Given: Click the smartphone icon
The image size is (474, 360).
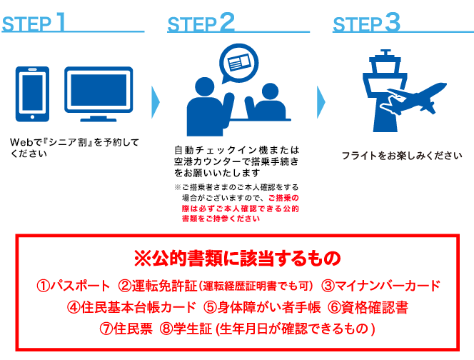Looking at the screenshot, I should pos(32,94).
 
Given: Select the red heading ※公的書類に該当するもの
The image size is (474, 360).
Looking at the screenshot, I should pos(238,257).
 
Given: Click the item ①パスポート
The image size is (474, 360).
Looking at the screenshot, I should pos(74,286).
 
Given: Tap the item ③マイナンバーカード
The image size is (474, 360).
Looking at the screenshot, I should pos(380,286).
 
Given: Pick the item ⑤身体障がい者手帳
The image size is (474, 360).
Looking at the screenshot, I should pos(261,308).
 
